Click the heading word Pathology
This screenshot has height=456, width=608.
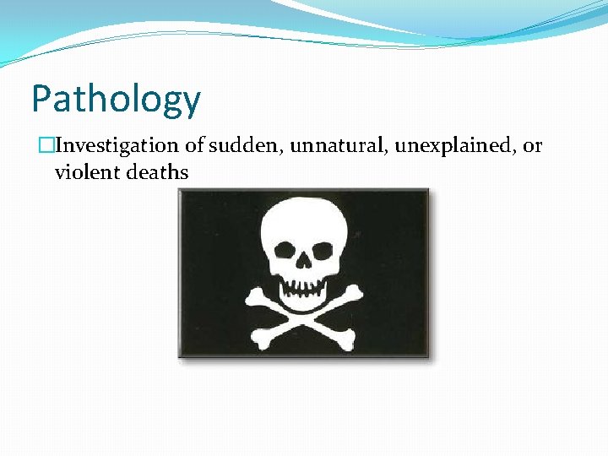(116, 100)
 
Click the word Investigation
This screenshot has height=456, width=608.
(117, 146)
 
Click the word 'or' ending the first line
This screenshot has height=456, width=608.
(532, 147)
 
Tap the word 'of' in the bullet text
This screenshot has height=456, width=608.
(194, 146)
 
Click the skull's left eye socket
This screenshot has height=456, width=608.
(281, 252)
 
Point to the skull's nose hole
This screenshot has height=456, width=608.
(302, 268)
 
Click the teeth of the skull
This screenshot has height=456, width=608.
(303, 287)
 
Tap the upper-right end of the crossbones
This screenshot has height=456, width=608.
(356, 292)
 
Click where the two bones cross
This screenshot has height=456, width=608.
(304, 317)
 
